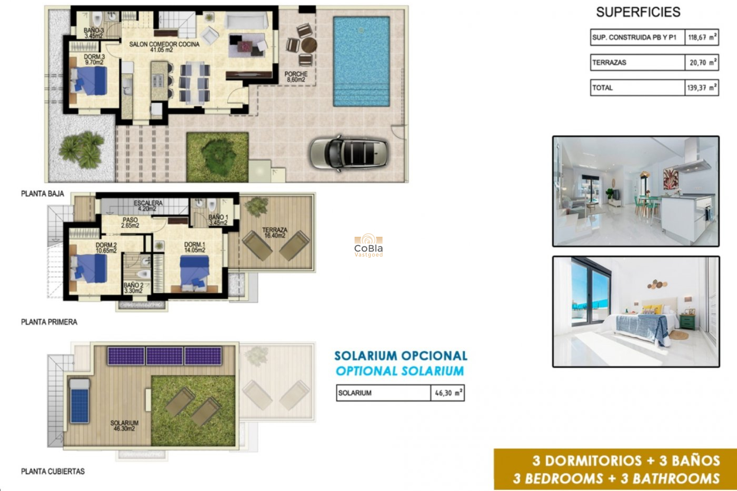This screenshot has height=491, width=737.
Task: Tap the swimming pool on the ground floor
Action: pos(361,61)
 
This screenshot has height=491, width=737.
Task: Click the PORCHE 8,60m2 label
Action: pos(296,77)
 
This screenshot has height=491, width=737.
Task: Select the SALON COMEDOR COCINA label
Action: pos(164,47)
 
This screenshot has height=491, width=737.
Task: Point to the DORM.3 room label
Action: pos(94,59)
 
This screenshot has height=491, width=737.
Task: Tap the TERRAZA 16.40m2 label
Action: pos(274,232)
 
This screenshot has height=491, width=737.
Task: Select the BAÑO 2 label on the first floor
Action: pos(133,288)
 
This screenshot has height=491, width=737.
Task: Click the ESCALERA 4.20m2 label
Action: pos(148,206)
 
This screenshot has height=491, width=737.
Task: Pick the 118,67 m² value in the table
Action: pos(701,38)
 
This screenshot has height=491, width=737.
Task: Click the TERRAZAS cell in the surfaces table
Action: pos(637,63)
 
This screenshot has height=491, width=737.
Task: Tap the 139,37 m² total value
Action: pos(701,88)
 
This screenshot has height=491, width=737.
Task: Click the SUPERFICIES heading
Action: pos(638,12)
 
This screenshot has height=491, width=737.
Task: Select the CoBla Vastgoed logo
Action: pos(368,245)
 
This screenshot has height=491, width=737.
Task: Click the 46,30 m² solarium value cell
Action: pos(448,393)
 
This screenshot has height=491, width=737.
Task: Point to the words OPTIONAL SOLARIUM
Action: pos(400,371)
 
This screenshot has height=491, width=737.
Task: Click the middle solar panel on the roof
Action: pos(165,356)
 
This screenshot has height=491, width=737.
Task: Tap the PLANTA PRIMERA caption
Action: pos(49,322)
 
